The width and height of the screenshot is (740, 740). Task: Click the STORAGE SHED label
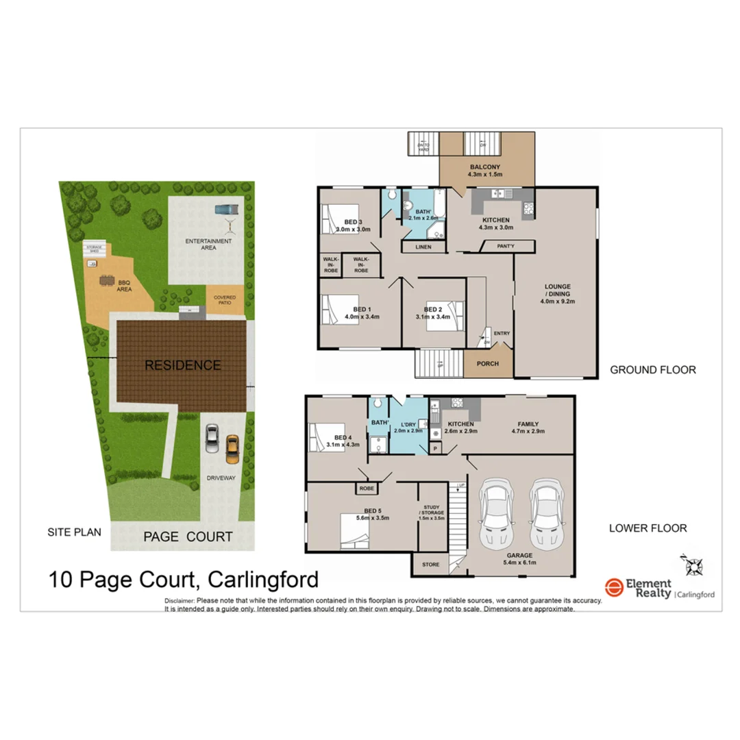click(x=92, y=249)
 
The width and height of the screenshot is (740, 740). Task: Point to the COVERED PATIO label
click(x=225, y=299)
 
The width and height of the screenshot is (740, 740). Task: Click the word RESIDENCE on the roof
click(x=182, y=365)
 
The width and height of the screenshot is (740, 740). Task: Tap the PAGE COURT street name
click(x=188, y=536)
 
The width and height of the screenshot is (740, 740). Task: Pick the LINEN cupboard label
click(x=423, y=247)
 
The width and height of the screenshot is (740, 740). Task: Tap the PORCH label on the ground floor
click(x=488, y=363)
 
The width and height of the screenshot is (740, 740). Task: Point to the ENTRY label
click(x=502, y=334)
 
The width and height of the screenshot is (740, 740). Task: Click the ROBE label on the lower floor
click(x=366, y=489)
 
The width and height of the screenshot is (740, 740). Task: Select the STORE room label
click(x=430, y=565)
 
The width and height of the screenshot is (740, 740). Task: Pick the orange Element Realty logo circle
click(x=614, y=587)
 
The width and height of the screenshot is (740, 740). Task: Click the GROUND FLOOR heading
click(x=653, y=370)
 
